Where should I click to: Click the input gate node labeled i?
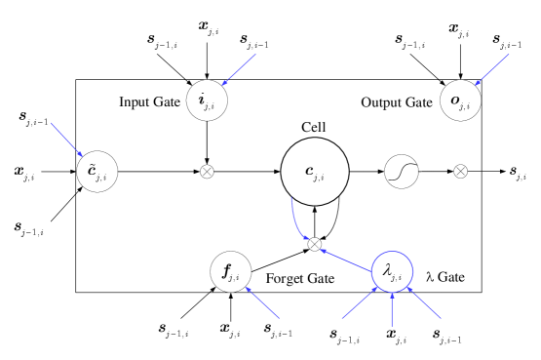point(206,100)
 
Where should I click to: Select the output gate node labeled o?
point(459,100)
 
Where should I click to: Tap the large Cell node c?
point(315,171)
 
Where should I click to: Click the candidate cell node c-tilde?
point(97,171)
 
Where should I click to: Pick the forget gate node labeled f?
point(230,271)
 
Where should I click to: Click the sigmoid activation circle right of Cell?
point(401,171)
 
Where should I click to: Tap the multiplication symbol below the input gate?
point(206,171)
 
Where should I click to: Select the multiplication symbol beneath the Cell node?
point(315,243)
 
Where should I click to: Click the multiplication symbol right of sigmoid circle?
point(461,171)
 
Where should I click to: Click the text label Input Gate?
point(150,101)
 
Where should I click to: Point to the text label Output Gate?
point(396,102)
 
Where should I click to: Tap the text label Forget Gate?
point(300,279)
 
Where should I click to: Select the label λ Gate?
point(444,278)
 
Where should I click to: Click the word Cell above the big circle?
point(314,127)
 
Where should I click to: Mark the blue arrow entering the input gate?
point(240,69)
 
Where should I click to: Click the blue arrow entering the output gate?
point(493,67)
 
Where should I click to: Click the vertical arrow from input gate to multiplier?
point(206,141)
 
